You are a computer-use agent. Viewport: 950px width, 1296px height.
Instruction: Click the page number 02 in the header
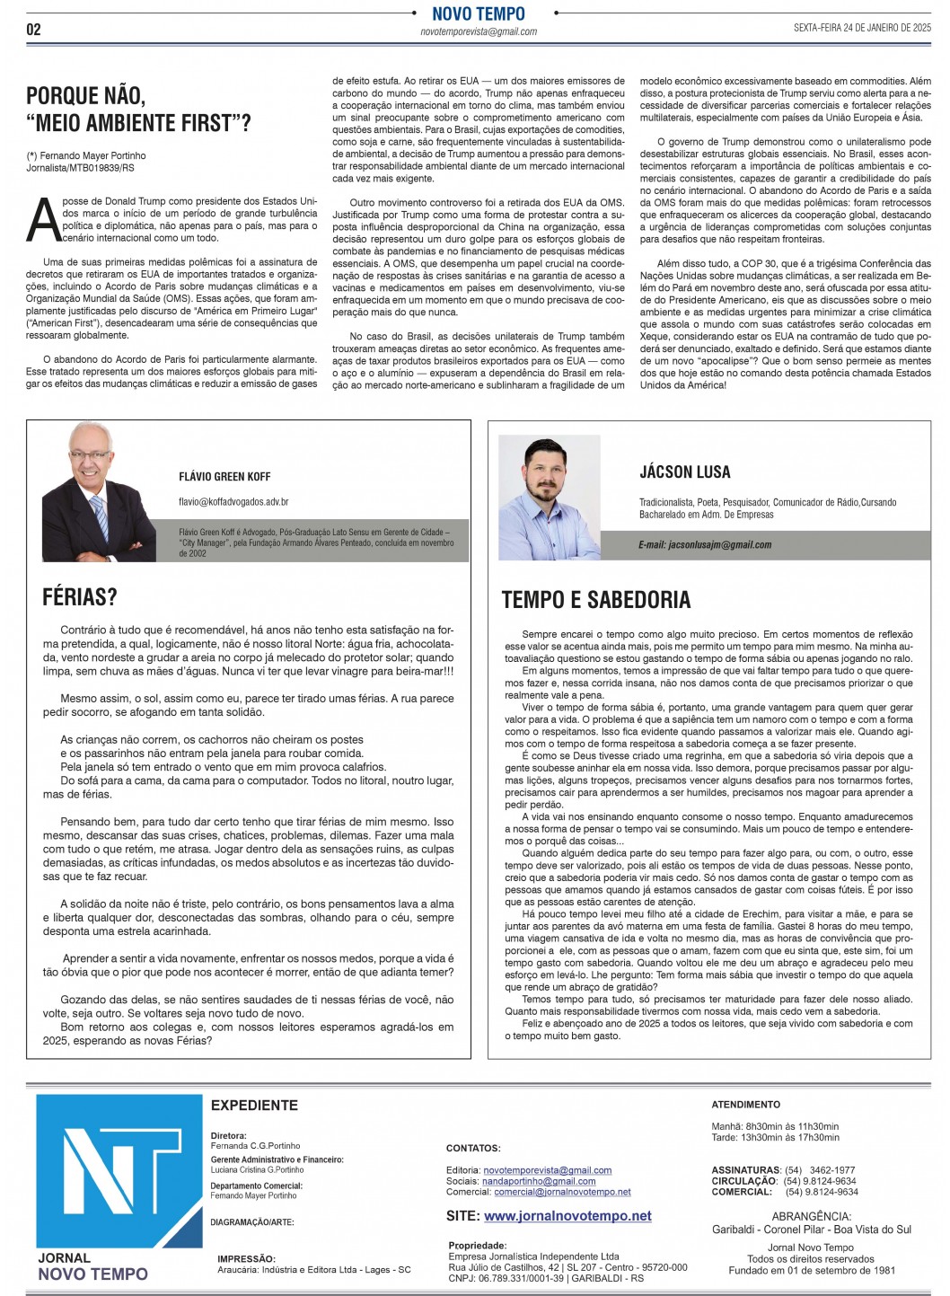[33, 30]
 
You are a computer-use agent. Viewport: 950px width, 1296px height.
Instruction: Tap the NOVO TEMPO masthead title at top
[478, 13]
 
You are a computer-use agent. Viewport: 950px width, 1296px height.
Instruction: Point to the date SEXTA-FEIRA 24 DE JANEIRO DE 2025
[862, 28]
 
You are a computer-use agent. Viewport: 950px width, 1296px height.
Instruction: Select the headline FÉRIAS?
[80, 597]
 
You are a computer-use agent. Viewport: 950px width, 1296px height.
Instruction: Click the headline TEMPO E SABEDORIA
[595, 600]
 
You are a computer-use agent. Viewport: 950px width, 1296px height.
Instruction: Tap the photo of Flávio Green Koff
[98, 492]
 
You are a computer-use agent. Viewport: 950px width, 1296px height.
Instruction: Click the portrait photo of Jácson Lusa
[549, 498]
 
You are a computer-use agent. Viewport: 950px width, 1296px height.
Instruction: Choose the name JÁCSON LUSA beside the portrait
[684, 472]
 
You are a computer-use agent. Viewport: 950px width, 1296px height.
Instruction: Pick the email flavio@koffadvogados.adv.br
[233, 502]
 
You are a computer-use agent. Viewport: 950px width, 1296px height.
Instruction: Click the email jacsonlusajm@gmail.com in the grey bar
[705, 545]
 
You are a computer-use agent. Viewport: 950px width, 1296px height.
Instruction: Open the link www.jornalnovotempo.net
[567, 1216]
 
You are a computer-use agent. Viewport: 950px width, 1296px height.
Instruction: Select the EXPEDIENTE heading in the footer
[254, 1106]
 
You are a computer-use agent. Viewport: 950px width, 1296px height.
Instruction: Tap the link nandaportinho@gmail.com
[539, 1182]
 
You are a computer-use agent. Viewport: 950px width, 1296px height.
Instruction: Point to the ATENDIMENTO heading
[745, 1105]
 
